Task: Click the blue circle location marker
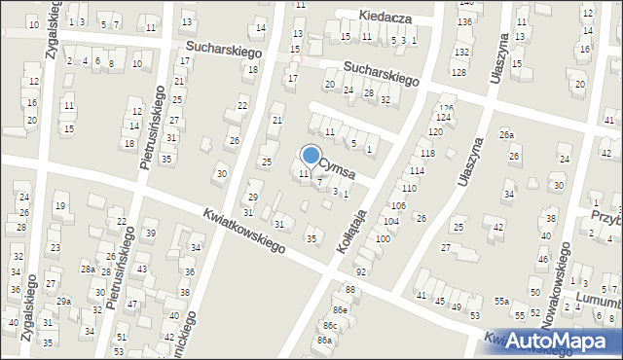tap(311, 155)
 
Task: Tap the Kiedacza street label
tap(385, 18)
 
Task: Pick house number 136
tap(465, 21)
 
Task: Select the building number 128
tap(458, 73)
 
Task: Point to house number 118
tap(426, 154)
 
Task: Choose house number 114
tap(417, 171)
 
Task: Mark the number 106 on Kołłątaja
tap(397, 206)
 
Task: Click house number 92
tap(361, 271)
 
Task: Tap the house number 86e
tap(340, 308)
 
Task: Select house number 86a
tap(324, 341)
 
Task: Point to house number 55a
tap(500, 302)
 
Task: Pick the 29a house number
tap(63, 302)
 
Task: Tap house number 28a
tap(87, 270)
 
